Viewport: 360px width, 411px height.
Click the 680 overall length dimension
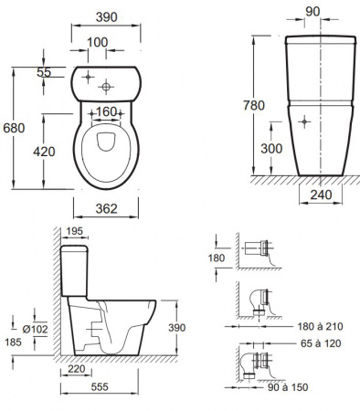[x=14, y=128]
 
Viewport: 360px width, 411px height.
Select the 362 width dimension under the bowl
[x=106, y=208]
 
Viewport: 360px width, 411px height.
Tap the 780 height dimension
[x=254, y=105]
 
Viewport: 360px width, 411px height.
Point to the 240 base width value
[x=321, y=195]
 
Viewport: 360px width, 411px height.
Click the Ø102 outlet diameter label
[x=36, y=329]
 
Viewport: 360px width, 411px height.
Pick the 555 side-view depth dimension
[x=100, y=386]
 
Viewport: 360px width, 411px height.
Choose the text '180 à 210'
[x=320, y=326]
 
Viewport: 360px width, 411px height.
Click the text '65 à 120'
[x=321, y=343]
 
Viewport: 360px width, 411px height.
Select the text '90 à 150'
[x=288, y=387]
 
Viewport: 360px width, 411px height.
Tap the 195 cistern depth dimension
[x=75, y=231]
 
